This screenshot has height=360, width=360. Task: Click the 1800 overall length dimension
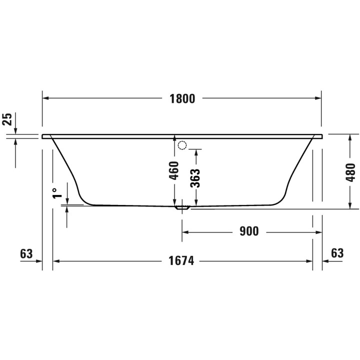coord(182,98)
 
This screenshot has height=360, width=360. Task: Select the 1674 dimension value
coord(181,261)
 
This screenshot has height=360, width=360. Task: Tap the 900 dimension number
coord(248,231)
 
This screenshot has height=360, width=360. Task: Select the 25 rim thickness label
coord(7,119)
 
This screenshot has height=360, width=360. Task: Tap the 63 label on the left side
coord(26,253)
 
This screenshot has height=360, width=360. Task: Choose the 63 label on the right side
coord(337,253)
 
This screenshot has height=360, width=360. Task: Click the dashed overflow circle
coord(182,145)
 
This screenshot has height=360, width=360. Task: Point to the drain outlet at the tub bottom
coord(181,206)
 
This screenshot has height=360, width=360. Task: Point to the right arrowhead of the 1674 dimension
coord(309,261)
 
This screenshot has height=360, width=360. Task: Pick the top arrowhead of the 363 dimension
coord(195,152)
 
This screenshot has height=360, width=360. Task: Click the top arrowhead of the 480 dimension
coord(350,138)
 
